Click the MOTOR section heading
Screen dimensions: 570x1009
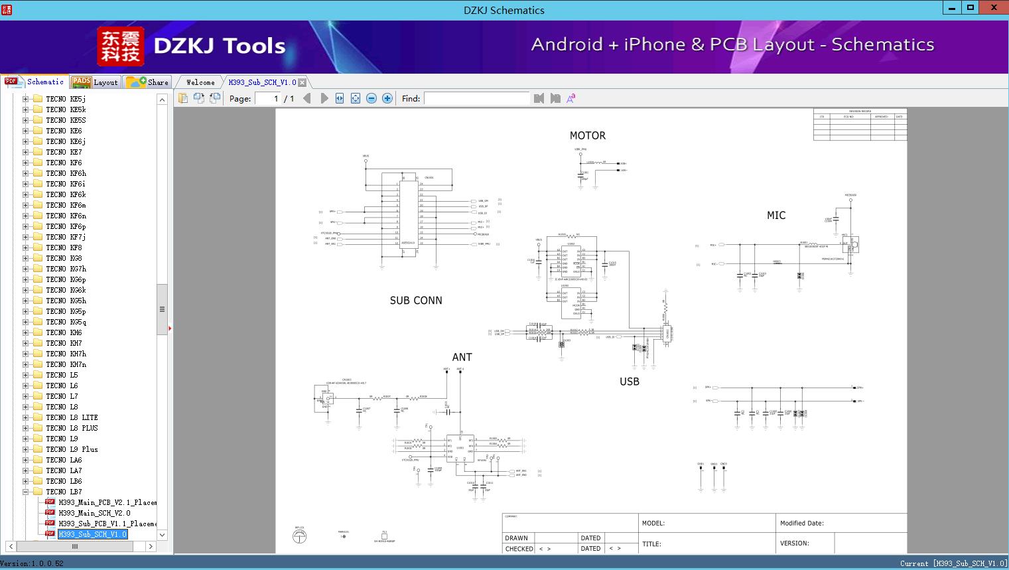587,135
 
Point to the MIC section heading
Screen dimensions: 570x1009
776,215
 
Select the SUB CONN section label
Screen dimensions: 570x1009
416,301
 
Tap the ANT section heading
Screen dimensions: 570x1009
462,357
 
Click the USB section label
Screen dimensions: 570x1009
629,382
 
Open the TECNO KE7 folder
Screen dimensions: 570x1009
64,152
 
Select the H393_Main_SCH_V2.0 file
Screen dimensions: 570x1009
94,513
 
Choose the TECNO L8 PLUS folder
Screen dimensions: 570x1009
72,428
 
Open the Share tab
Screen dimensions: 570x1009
149,82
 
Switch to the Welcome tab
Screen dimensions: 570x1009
200,82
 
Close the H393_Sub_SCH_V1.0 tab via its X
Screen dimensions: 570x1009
303,83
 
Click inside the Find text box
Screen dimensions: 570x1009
476,98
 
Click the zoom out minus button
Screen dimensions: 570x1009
371,98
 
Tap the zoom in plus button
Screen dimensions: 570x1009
387,98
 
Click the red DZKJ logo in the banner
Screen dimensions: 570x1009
120,46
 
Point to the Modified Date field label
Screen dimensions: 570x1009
801,523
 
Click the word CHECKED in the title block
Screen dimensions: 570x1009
519,549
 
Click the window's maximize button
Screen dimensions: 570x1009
971,8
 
